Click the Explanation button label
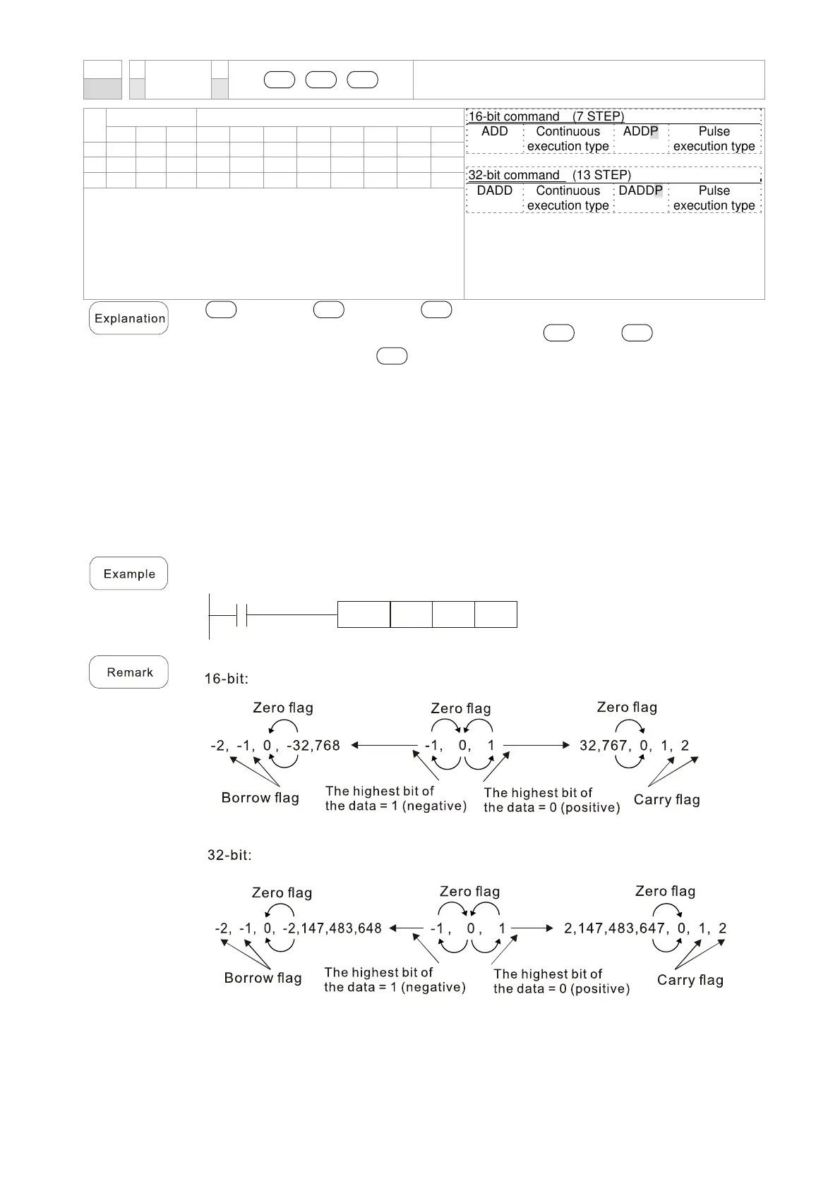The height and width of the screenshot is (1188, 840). point(129,318)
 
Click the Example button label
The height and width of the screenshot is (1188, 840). point(128,574)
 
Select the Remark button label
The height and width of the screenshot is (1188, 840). point(129,672)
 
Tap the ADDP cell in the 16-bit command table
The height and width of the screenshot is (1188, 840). point(640,132)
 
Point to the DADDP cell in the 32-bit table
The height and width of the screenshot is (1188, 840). point(640,191)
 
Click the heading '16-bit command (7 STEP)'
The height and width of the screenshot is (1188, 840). point(546,116)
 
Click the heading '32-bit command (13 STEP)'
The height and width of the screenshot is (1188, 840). point(549,175)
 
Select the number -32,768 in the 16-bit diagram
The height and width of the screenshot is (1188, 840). point(313,746)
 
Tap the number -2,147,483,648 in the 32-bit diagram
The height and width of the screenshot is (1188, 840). point(332,928)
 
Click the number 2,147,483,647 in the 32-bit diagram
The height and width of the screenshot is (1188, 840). point(615,928)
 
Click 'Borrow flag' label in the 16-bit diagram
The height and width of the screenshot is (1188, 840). point(260,798)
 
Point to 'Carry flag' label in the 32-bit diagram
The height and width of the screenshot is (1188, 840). point(690,980)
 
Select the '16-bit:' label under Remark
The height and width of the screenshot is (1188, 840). point(226,679)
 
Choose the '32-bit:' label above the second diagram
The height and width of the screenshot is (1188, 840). point(229,855)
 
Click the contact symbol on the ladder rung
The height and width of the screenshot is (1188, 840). point(241,614)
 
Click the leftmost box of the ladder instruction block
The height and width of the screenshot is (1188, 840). point(364,614)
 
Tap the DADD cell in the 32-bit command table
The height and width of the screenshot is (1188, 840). point(494,191)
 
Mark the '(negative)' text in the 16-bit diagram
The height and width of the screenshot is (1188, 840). point(434,806)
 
